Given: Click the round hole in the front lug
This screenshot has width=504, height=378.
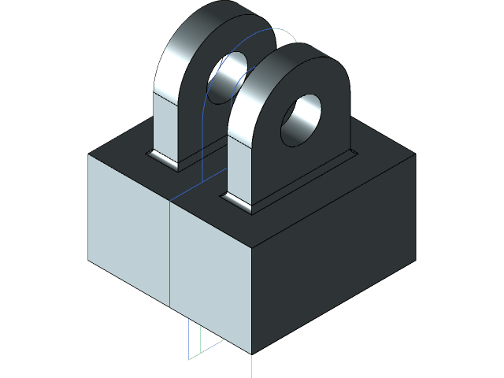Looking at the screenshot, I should [302, 120].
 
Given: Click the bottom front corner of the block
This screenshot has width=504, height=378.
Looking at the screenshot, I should [251, 354].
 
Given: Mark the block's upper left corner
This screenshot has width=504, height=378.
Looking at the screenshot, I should [88, 154].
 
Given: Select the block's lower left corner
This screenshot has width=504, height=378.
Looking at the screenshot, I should [88, 259].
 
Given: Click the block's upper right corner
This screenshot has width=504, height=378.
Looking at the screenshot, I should [415, 154].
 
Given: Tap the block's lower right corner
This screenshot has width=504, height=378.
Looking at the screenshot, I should [415, 259].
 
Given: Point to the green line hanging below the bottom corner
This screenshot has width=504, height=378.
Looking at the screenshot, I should [251, 366].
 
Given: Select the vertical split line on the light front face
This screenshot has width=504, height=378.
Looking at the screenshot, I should [170, 252].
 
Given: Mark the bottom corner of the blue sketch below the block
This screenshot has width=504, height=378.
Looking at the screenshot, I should [189, 359].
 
